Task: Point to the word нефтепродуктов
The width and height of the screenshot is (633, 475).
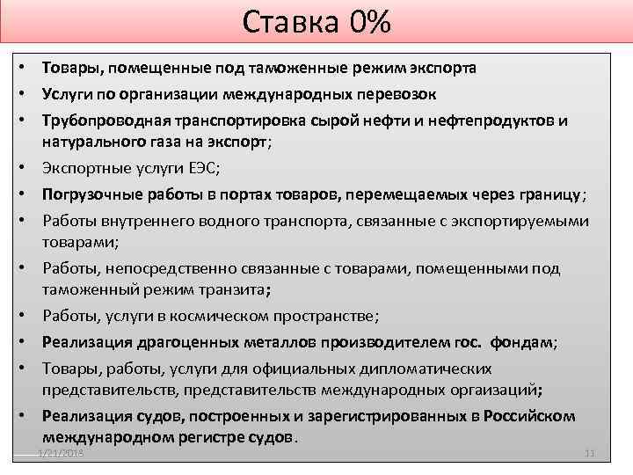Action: [498, 120]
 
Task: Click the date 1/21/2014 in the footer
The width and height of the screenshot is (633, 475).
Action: [59, 453]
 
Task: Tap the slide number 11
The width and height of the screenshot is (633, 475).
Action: [590, 453]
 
